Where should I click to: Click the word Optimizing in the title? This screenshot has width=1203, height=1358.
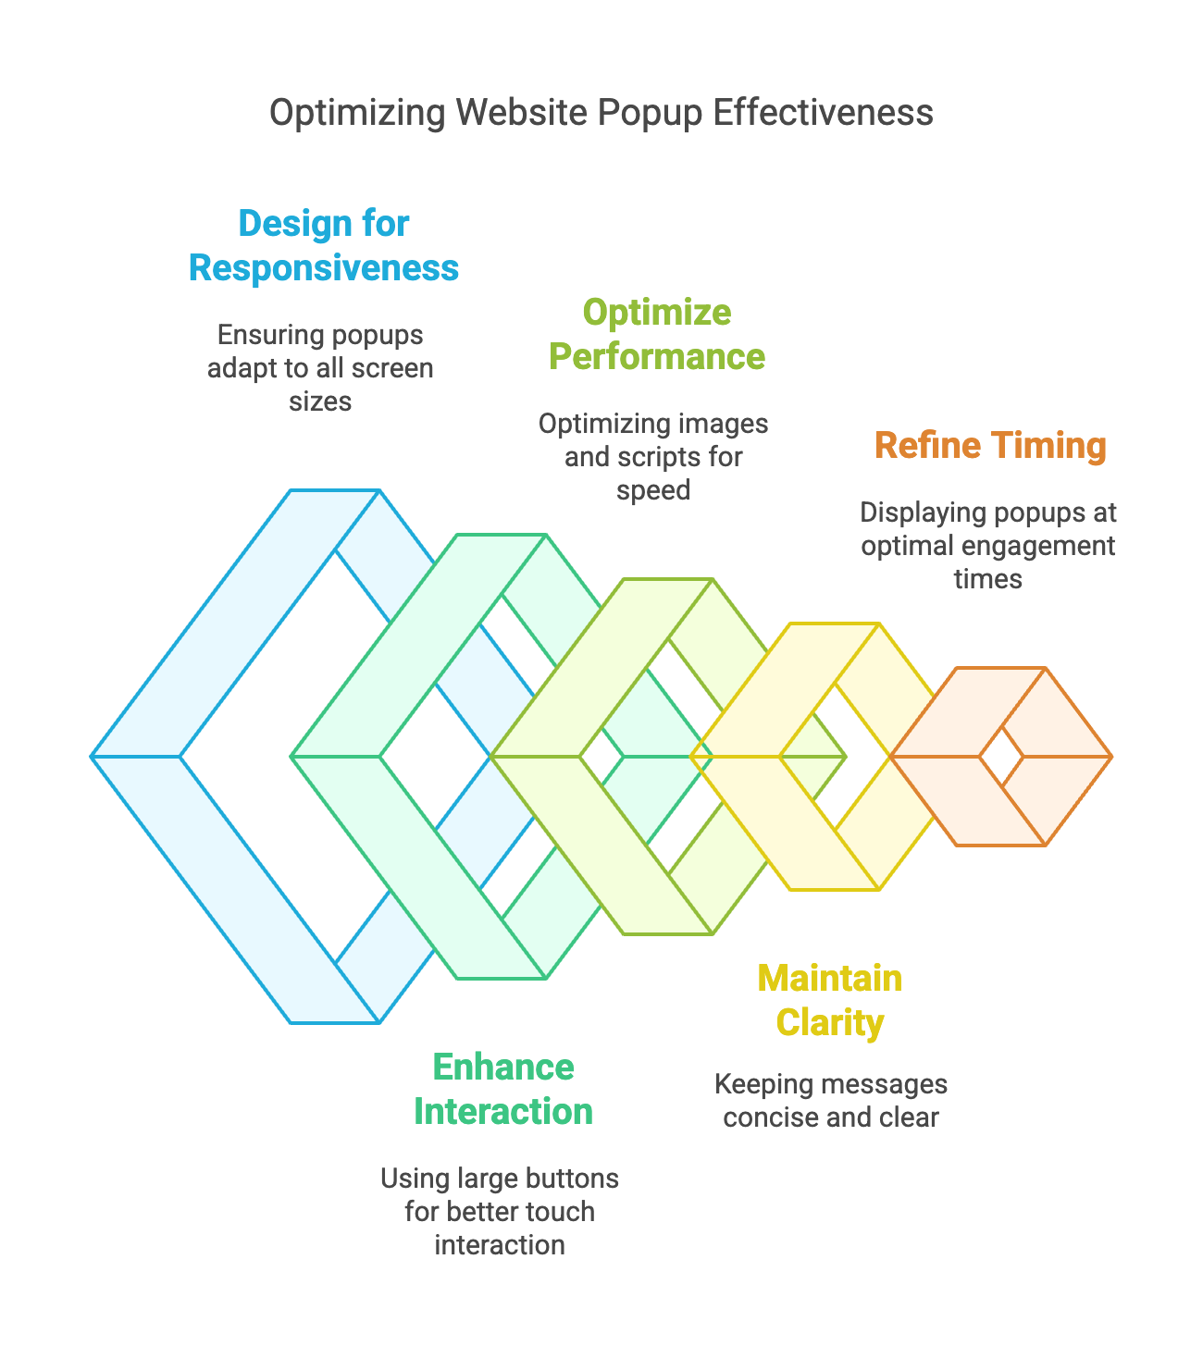tap(357, 113)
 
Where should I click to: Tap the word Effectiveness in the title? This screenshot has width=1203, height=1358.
tap(823, 112)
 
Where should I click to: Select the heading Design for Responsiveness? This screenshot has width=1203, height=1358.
tap(324, 246)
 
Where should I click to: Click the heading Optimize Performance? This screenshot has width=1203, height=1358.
tap(657, 334)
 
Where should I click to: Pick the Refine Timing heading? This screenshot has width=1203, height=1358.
tap(990, 445)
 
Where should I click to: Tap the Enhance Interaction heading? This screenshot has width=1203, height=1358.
tap(503, 1089)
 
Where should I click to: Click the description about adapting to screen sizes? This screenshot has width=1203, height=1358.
tap(320, 368)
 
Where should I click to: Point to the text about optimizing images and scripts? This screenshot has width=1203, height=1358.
tap(654, 456)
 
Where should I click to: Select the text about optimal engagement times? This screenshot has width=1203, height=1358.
tap(988, 545)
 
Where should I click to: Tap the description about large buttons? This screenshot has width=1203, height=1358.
tap(500, 1211)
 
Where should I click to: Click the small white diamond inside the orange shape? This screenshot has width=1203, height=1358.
tap(1002, 757)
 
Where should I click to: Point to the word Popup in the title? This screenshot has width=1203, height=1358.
tap(650, 113)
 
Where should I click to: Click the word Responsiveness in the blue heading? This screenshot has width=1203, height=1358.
tap(324, 268)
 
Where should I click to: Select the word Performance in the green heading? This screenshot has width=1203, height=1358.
tap(657, 356)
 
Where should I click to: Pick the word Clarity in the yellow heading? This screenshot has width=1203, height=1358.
tap(830, 1022)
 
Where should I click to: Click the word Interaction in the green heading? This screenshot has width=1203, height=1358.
tap(503, 1111)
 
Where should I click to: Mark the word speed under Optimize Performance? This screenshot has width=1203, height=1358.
tap(654, 490)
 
